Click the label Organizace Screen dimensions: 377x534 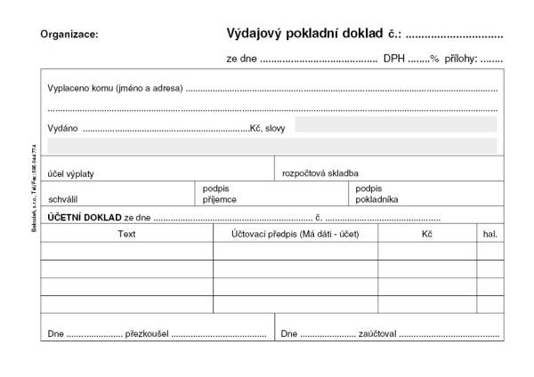[69, 35]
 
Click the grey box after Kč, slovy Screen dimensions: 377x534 [395, 124]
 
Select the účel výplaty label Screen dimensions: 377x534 [71, 172]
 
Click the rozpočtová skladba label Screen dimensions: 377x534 [320, 172]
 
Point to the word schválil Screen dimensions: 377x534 [65, 199]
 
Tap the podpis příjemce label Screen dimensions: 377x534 [220, 194]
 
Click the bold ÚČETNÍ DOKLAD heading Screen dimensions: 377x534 [85, 217]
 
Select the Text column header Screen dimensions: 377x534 [126, 234]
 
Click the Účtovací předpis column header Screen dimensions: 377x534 [295, 234]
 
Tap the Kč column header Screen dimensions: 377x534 [427, 234]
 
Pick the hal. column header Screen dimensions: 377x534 [489, 234]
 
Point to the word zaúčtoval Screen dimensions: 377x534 [376, 334]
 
